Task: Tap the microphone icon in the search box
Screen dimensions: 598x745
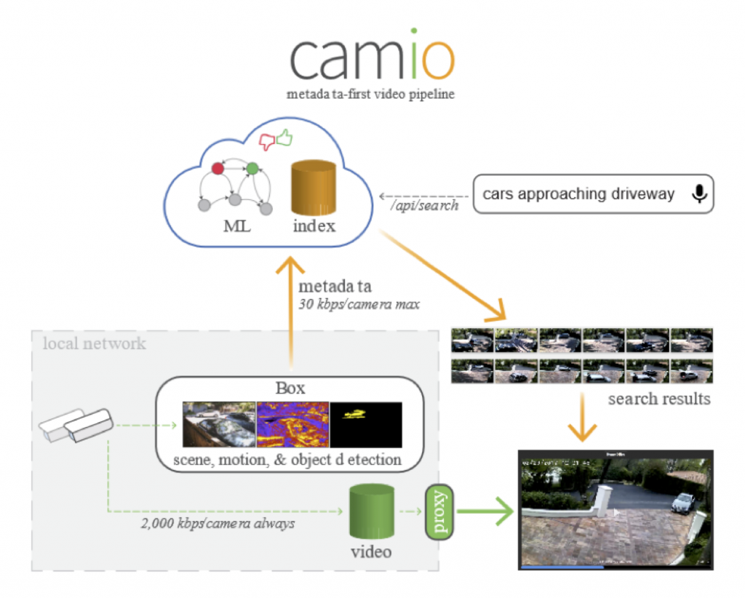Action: (x=699, y=194)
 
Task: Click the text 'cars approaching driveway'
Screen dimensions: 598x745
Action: (x=578, y=194)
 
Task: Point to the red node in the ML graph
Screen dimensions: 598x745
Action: (x=217, y=169)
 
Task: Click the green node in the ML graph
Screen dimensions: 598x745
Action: (x=252, y=169)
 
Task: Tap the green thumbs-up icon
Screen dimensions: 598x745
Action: (x=282, y=137)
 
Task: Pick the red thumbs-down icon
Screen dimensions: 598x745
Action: (x=267, y=142)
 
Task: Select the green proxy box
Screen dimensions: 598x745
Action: (x=439, y=512)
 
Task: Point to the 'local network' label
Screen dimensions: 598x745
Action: (x=94, y=343)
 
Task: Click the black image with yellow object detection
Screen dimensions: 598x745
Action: (x=366, y=425)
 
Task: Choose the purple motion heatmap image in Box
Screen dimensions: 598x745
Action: (x=292, y=425)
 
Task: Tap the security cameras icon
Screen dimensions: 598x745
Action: (x=77, y=426)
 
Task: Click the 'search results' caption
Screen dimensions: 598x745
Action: (x=659, y=399)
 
